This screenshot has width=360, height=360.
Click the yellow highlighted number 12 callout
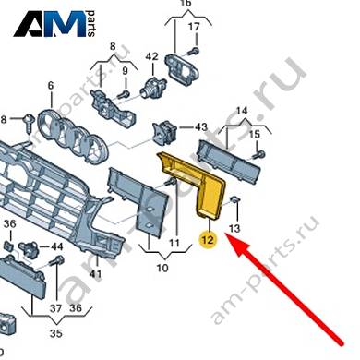[x=208, y=239]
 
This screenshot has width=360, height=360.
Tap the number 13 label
[x=234, y=228]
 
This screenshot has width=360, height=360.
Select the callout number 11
[x=174, y=243]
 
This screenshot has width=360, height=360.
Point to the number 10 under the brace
[x=162, y=268]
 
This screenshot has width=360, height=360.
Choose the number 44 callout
[x=56, y=246]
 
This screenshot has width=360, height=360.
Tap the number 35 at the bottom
[x=55, y=333]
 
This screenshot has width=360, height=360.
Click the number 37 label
[x=55, y=307]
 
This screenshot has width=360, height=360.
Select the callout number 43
[x=201, y=126]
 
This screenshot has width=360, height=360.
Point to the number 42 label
[x=151, y=56]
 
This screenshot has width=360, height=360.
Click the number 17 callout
[x=194, y=27]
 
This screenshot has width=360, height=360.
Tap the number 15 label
[x=255, y=134]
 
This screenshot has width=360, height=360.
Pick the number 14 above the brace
[x=242, y=110]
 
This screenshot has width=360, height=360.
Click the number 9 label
[x=125, y=71]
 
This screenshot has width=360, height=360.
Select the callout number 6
[x=51, y=85]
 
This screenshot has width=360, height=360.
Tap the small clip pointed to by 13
[x=236, y=200]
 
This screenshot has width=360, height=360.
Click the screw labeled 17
[x=194, y=51]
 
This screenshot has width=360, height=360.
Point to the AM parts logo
[x=54, y=24]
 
